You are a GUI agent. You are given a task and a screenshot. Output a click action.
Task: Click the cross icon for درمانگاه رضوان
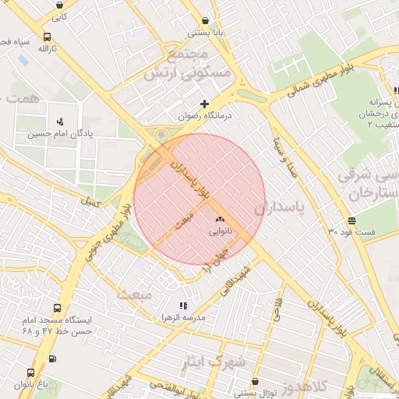pyautogui.click(x=205, y=104)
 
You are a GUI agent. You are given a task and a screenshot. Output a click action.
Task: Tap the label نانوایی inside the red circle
pyautogui.click(x=219, y=232)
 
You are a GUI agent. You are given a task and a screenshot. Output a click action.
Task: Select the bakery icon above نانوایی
pyautogui.click(x=219, y=221)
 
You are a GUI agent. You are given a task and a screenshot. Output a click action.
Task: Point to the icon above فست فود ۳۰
pyautogui.click(x=352, y=221)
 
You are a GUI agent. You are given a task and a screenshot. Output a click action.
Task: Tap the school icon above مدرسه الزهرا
pyautogui.click(x=182, y=306)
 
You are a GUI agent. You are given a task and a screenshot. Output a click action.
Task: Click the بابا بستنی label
pyautogui.click(x=205, y=34)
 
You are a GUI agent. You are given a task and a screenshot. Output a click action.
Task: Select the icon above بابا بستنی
pyautogui.click(x=205, y=21)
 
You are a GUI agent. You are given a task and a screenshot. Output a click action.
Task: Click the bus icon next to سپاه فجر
pyautogui.click(x=48, y=37)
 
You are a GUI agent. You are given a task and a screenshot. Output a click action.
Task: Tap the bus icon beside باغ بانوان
pyautogui.click(x=30, y=373)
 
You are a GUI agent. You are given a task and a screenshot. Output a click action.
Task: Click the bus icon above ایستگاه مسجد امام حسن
pyautogui.click(x=57, y=309)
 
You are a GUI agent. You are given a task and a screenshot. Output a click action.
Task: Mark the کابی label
pyautogui.click(x=60, y=16)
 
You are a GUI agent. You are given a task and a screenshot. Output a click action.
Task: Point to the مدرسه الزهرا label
pyautogui.click(x=182, y=319)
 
